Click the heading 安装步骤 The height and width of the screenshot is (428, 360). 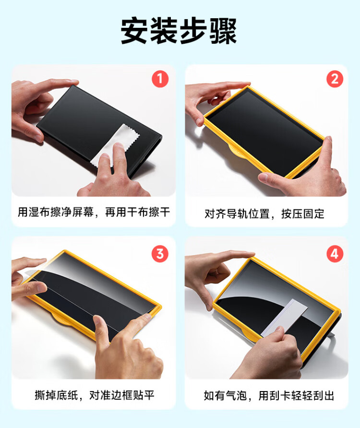pyautogui.click(x=179, y=31)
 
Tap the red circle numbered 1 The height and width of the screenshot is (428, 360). pyautogui.click(x=160, y=79)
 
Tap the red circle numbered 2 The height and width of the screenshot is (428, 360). pyautogui.click(x=335, y=79)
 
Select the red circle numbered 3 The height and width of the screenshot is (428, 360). pyautogui.click(x=160, y=254)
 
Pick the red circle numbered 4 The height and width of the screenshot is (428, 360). pyautogui.click(x=335, y=254)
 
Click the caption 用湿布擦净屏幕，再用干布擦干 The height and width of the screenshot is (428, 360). pyautogui.click(x=94, y=212)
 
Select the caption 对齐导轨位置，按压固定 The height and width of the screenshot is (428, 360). pyautogui.click(x=264, y=214)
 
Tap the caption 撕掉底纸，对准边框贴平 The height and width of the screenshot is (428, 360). pyautogui.click(x=95, y=395)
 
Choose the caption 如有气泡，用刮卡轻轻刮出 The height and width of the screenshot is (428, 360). pyautogui.click(x=269, y=395)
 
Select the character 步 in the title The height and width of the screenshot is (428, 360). pyautogui.click(x=193, y=31)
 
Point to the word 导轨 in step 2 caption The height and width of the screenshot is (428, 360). pyautogui.click(x=237, y=214)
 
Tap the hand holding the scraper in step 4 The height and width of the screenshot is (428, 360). pyautogui.click(x=270, y=355)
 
